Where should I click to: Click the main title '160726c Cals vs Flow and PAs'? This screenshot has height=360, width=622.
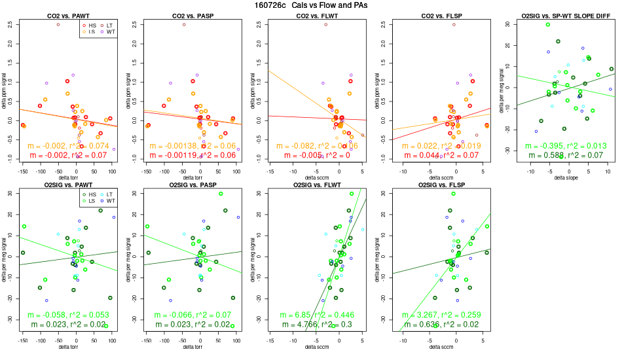311,5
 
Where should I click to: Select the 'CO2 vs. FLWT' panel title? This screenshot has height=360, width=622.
310,15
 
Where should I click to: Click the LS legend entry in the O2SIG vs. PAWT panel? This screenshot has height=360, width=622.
90,202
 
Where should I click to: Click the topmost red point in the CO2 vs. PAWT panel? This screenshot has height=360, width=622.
58,25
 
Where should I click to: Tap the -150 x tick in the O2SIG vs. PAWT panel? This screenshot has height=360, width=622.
24,340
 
